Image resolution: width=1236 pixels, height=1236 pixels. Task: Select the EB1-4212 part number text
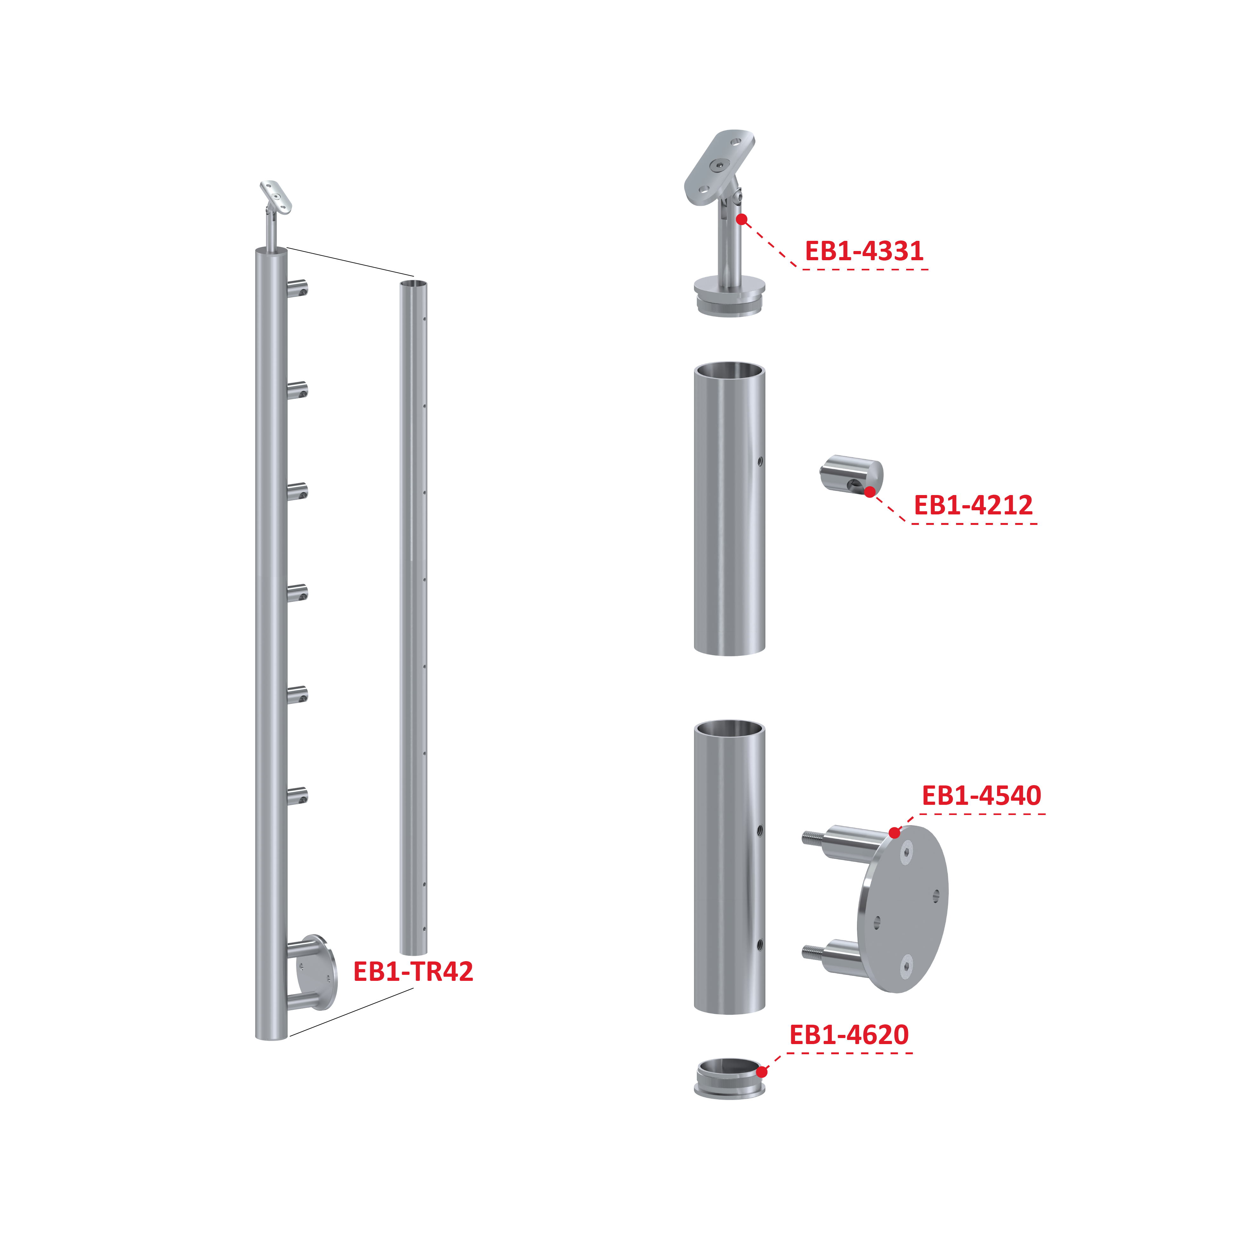[x=973, y=505]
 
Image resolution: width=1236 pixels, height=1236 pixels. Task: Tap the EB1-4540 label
[x=981, y=795]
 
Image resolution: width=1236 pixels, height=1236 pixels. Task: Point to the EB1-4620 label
[x=849, y=1035]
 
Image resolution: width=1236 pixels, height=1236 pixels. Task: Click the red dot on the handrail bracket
[x=742, y=220]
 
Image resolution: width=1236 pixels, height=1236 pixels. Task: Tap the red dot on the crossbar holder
[x=870, y=491]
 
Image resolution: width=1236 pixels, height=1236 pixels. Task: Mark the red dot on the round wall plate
[x=894, y=833]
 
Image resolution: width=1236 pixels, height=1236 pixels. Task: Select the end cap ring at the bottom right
[x=729, y=1079]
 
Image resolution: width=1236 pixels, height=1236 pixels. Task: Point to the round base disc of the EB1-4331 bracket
[x=730, y=295]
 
